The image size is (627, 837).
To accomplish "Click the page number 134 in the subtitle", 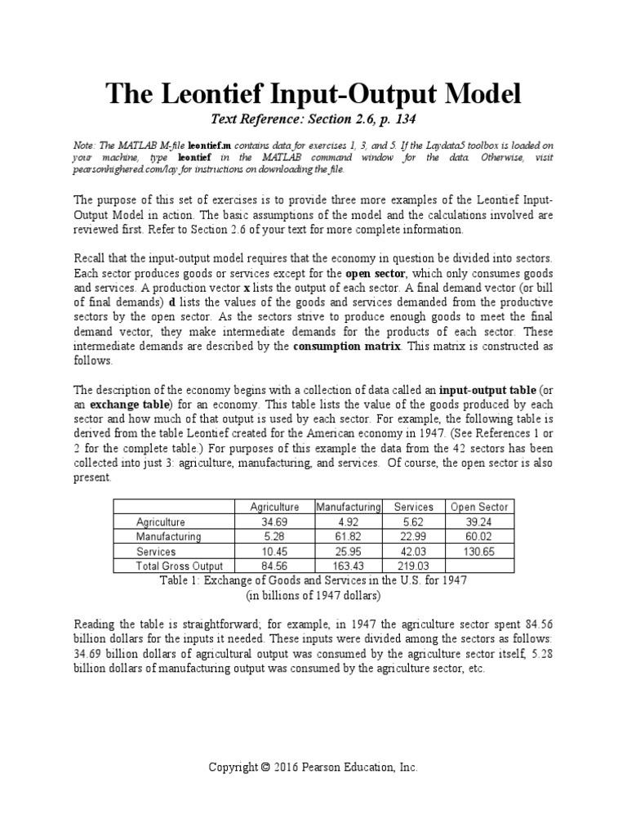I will coord(402,120).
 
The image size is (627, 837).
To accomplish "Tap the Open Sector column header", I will coord(478,507).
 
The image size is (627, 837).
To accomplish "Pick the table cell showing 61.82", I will coord(348,536).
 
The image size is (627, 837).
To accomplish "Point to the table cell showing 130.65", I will coord(478,551).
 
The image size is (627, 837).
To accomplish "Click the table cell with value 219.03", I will coord(413,566).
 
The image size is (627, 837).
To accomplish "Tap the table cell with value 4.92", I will coord(348,521).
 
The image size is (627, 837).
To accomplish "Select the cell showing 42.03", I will coord(413,551).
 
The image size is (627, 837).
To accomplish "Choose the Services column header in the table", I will coord(413,507).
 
